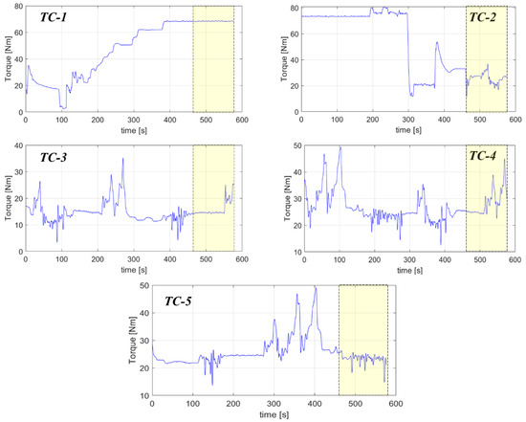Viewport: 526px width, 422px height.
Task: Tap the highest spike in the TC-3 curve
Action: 122,159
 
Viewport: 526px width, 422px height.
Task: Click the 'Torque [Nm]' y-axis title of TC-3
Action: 6,198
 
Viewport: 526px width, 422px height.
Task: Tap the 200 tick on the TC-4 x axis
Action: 373,260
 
